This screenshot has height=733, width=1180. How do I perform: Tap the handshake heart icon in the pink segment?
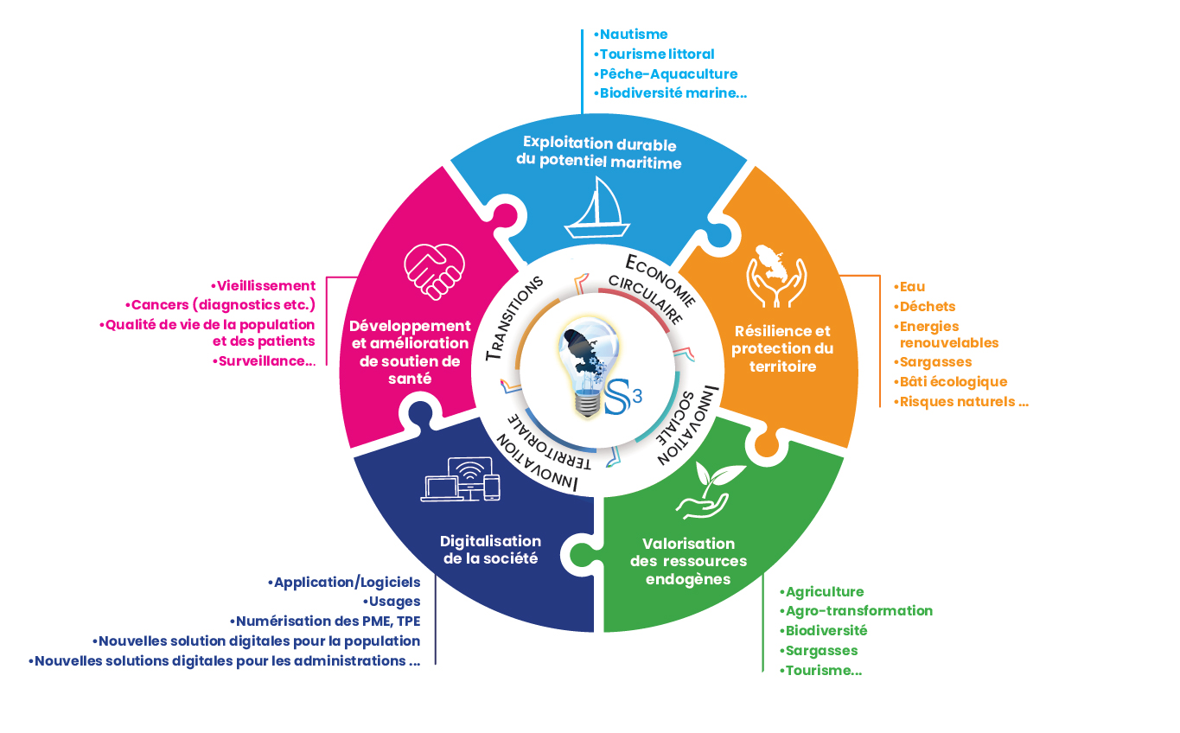[434, 268]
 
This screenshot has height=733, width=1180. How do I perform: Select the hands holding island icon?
[776, 275]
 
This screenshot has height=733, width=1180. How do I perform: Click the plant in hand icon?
[711, 492]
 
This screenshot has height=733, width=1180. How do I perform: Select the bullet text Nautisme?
[631, 35]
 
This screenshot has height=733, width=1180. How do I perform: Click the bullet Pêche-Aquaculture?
[666, 74]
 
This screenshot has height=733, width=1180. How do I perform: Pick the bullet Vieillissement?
[264, 285]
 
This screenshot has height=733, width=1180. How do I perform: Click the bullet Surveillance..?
[264, 361]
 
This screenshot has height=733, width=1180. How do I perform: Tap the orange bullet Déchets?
[925, 306]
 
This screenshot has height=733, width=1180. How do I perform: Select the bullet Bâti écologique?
[950, 381]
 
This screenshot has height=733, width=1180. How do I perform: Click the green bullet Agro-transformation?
[856, 610]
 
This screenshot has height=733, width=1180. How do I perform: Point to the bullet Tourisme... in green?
[820, 670]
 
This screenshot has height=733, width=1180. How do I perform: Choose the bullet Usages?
[391, 601]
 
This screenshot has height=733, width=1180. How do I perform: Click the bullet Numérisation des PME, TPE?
[325, 621]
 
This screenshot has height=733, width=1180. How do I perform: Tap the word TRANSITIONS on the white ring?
[515, 316]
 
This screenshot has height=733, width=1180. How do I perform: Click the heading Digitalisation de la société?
[490, 550]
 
